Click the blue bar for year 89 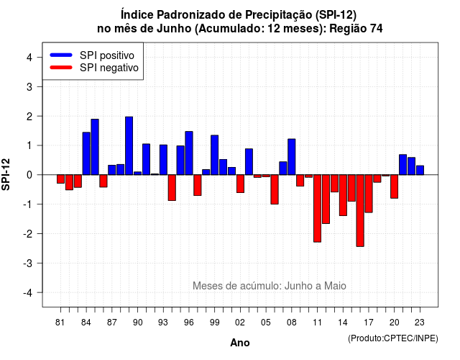click(x=129, y=145)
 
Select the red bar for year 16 click(x=360, y=210)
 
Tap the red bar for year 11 click(x=318, y=208)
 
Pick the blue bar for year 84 click(x=86, y=153)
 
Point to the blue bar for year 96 click(x=189, y=153)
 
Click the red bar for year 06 click(x=275, y=189)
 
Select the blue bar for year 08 click(x=292, y=157)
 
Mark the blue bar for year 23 click(x=420, y=170)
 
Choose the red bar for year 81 click(x=60, y=179)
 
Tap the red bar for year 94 click(x=172, y=188)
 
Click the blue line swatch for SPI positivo click(x=61, y=55)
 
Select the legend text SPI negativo click(x=109, y=68)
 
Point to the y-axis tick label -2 click(x=29, y=234)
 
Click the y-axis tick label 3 click(x=29, y=87)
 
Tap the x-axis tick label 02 click(x=240, y=323)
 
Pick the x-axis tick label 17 click(x=369, y=323)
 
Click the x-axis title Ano click(x=240, y=343)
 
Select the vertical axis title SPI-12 click(x=6, y=174)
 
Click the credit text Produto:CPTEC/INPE click(x=393, y=338)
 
